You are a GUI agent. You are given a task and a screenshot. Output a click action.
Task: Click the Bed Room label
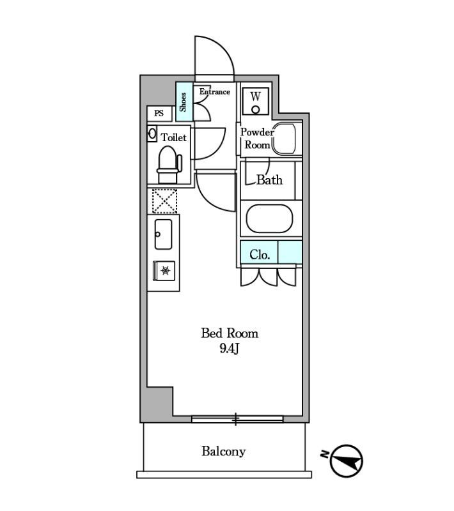(x=230, y=333)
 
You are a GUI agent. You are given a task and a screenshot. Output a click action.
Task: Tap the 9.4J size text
(x=230, y=349)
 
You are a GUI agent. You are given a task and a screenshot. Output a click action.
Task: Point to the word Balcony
(x=224, y=452)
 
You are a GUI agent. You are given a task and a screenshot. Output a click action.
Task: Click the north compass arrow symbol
(x=347, y=460)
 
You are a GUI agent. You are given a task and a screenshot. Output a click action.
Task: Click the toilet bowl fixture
(x=168, y=161)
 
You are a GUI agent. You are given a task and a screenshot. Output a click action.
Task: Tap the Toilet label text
(x=174, y=137)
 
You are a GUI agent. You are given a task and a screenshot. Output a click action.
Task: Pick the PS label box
(x=159, y=114)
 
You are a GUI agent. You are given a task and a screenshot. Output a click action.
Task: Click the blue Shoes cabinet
(x=184, y=102)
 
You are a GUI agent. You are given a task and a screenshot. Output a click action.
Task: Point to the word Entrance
(x=214, y=92)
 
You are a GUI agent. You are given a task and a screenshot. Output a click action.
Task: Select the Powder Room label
(x=256, y=138)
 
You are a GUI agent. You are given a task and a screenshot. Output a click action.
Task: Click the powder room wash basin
(x=285, y=139)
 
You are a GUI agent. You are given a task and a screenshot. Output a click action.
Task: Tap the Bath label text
(x=269, y=179)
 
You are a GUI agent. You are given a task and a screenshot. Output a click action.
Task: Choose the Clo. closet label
(x=260, y=254)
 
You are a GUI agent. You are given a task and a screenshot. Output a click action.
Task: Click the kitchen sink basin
(x=162, y=234)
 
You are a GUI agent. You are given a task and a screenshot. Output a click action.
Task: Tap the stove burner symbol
(x=165, y=271)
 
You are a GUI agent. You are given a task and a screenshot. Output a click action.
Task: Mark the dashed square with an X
(x=164, y=201)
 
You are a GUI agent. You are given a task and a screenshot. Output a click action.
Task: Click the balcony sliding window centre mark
(x=236, y=419)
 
